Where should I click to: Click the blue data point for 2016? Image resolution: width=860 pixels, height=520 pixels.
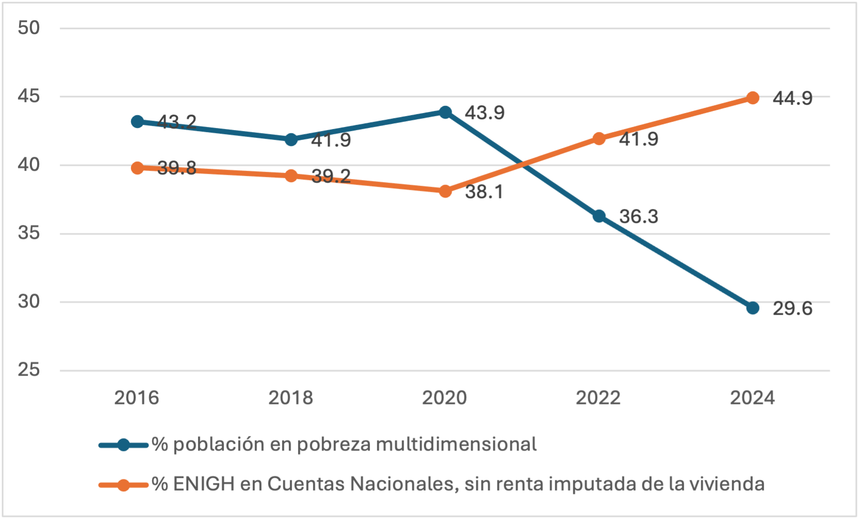137,122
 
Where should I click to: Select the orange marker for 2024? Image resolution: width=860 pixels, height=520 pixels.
753,98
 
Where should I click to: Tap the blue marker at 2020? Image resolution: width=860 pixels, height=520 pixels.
445,112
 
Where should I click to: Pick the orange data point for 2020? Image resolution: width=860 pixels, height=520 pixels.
445,191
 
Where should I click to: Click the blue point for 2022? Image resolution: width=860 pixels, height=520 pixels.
599,216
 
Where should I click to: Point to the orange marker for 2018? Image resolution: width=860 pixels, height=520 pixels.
291,176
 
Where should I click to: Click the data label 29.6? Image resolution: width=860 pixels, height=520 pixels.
792,308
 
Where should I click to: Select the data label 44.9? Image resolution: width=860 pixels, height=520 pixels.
792,98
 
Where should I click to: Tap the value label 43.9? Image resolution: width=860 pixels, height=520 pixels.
484,112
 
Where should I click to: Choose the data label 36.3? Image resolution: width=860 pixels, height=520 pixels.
638,217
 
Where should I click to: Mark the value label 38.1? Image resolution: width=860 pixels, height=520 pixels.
484,192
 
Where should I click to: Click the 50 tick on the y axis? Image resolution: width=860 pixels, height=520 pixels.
29,28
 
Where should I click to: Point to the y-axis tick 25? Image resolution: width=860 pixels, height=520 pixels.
29,370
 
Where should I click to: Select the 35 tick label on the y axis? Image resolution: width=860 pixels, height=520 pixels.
29,233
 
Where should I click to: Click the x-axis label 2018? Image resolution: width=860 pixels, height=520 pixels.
291,398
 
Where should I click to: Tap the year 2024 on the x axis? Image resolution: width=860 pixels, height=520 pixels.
752,398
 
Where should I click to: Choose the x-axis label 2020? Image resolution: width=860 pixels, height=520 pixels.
444,398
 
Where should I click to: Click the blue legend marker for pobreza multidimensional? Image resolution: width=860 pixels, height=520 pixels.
123,445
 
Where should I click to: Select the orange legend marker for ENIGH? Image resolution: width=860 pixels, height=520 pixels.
123,485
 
